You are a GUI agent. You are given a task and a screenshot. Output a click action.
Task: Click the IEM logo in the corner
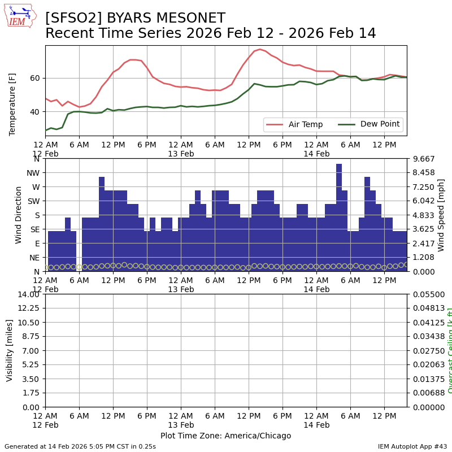click(x=20, y=16)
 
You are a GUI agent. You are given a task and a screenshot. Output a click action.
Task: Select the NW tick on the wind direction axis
click(x=33, y=173)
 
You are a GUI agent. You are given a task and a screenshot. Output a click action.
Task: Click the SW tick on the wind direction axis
click(x=33, y=201)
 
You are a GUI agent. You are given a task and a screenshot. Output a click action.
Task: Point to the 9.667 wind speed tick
click(x=422, y=159)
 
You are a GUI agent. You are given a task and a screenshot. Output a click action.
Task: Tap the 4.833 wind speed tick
click(x=422, y=215)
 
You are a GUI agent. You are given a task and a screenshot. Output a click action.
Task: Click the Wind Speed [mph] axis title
click(x=441, y=215)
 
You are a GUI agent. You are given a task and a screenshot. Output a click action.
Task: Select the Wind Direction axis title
click(x=19, y=215)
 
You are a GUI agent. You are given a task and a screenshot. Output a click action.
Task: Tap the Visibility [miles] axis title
click(x=10, y=350)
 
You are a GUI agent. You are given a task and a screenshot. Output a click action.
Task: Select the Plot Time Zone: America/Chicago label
click(x=225, y=436)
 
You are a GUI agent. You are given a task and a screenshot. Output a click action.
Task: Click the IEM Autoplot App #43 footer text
click(x=412, y=446)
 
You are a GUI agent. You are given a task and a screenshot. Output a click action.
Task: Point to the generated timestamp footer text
click(x=80, y=446)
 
